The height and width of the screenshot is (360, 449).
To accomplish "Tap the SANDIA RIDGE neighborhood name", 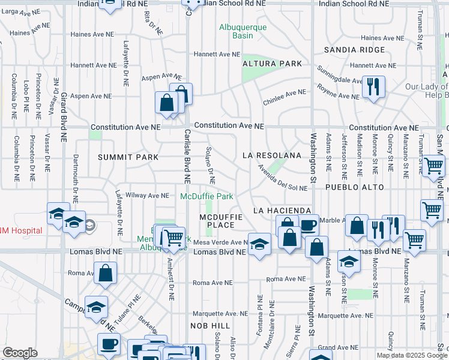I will [x=354, y=49].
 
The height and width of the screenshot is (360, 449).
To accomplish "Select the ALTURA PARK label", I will [x=271, y=63].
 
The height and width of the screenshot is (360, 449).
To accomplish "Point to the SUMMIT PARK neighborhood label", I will [x=128, y=157].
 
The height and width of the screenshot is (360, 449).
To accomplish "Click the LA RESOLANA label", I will [x=271, y=155].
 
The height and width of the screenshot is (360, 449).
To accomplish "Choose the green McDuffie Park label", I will [x=206, y=196].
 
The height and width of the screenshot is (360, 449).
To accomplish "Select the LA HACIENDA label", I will [x=282, y=211].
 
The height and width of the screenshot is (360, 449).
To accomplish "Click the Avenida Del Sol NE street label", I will [x=282, y=177].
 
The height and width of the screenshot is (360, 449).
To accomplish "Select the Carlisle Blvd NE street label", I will [x=187, y=156].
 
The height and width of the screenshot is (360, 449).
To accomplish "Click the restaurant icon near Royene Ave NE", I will [x=373, y=87].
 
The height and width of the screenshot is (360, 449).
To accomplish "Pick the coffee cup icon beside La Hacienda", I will [x=309, y=226].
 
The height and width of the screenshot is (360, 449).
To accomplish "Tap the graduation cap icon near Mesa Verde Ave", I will [x=259, y=244].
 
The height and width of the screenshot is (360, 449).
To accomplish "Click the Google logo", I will [x=20, y=353].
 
